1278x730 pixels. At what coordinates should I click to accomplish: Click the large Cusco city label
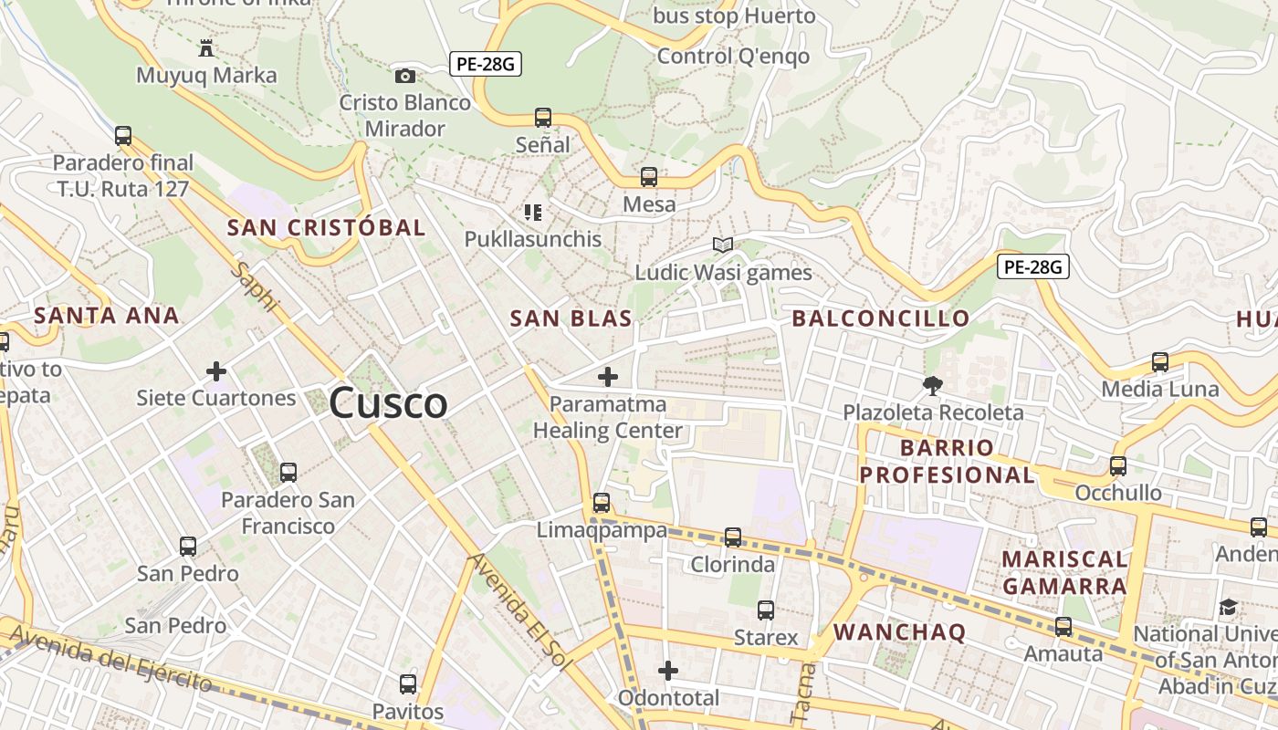pos(388,402)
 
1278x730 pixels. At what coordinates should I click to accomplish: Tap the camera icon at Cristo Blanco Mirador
pos(404,76)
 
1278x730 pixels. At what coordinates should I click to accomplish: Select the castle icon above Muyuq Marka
pos(206,47)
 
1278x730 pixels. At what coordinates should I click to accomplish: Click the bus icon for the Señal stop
pos(543,117)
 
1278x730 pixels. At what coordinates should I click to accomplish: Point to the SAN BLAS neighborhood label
pos(571,318)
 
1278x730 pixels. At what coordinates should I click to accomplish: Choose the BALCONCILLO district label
pos(880,318)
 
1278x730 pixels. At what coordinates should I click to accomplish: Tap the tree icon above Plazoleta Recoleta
pos(932,385)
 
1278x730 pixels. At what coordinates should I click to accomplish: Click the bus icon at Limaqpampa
pos(601,502)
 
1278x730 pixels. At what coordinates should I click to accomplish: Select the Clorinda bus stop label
pos(732,565)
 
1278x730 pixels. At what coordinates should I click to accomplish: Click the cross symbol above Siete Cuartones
pos(216,371)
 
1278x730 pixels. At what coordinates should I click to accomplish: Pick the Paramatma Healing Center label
pos(608,417)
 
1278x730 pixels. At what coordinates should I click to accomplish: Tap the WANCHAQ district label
pos(899,631)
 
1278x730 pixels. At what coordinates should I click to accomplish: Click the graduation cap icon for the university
pos(1229,607)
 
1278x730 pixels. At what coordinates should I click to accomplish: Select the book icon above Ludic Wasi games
pos(723,245)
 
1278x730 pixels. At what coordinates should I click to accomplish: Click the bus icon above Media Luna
pos(1159,362)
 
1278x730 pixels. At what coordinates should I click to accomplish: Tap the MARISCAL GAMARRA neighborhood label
pos(1064,572)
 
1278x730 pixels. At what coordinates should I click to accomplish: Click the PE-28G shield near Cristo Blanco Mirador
pos(485,64)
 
